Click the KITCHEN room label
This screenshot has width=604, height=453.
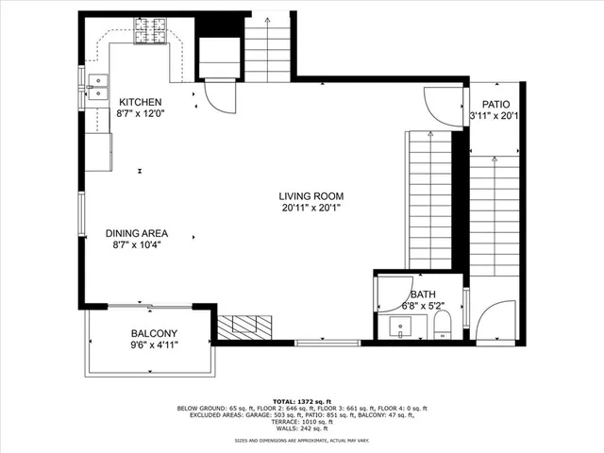click(140, 102)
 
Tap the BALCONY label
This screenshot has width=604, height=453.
click(153, 333)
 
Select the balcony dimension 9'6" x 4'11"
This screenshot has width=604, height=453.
click(153, 345)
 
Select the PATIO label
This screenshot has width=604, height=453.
click(496, 105)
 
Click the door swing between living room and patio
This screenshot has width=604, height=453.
click(440, 105)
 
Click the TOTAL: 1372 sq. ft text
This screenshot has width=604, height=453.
click(302, 401)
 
